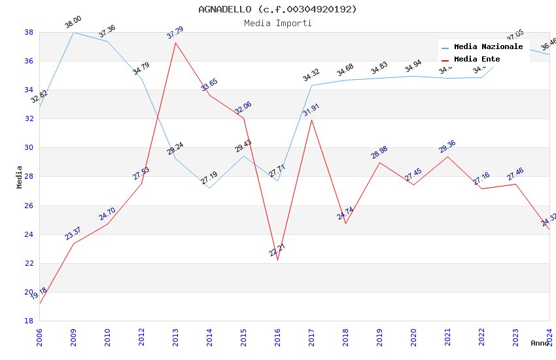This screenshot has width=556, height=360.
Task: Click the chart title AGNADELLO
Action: click(277, 9)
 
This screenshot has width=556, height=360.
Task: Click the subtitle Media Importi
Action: click(277, 23)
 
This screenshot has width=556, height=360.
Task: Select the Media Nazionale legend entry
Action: click(488, 46)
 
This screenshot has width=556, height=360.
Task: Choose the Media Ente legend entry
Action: click(477, 59)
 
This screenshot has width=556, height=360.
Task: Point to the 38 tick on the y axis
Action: click(29, 32)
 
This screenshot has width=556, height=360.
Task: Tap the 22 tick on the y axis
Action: click(29, 263)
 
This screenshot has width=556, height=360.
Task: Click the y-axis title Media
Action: click(20, 177)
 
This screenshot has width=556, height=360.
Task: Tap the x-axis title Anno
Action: click(540, 343)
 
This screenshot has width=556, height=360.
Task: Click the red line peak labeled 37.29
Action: click(175, 43)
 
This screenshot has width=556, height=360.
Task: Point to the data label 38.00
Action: click(73, 24)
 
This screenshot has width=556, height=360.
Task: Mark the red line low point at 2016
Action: click(277, 260)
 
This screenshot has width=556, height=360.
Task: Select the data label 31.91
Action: click(311, 110)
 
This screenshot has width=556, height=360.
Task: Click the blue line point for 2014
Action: click(209, 188)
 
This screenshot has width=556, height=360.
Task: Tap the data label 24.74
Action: click(345, 213)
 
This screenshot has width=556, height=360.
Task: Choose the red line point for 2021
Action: click(447, 156)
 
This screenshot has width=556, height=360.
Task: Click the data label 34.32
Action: click(311, 76)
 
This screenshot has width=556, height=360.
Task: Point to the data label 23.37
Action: click(73, 234)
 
